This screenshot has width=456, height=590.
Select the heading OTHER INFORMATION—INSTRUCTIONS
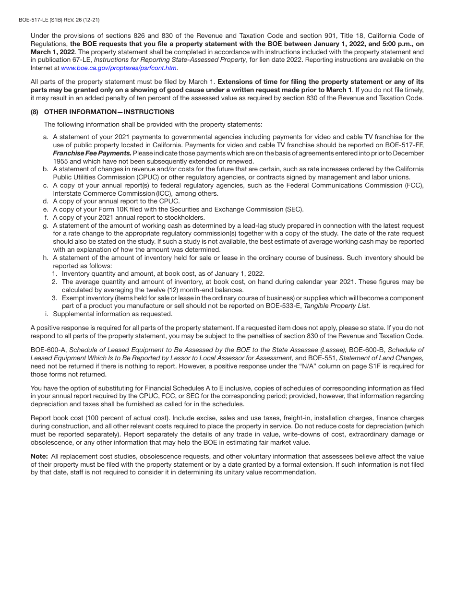click(109, 112)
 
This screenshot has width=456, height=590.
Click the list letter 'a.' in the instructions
click(46, 137)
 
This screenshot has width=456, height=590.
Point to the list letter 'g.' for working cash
click(46, 225)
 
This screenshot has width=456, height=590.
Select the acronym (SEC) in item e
click(295, 209)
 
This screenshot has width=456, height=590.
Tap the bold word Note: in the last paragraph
click(39, 456)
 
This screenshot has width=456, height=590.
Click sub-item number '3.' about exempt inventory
click(55, 298)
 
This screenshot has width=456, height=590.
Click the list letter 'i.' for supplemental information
click(47, 314)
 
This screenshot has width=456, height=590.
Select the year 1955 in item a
click(60, 161)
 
